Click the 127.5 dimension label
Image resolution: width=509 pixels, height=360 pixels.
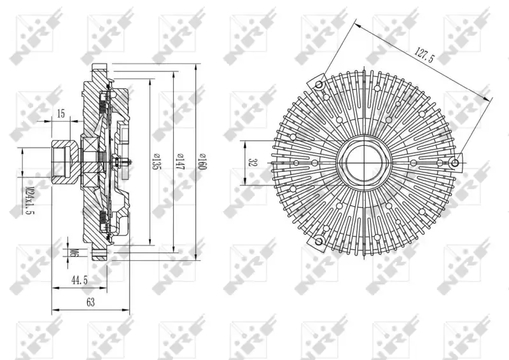424,55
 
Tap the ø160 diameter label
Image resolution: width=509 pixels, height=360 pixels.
201,162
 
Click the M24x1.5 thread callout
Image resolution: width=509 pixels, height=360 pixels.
30,200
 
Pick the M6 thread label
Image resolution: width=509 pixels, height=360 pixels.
74,253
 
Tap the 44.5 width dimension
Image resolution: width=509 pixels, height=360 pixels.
80,280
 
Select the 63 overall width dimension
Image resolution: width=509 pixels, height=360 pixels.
90,302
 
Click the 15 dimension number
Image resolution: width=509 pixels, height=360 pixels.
60,114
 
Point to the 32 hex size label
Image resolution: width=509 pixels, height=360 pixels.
251,162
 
